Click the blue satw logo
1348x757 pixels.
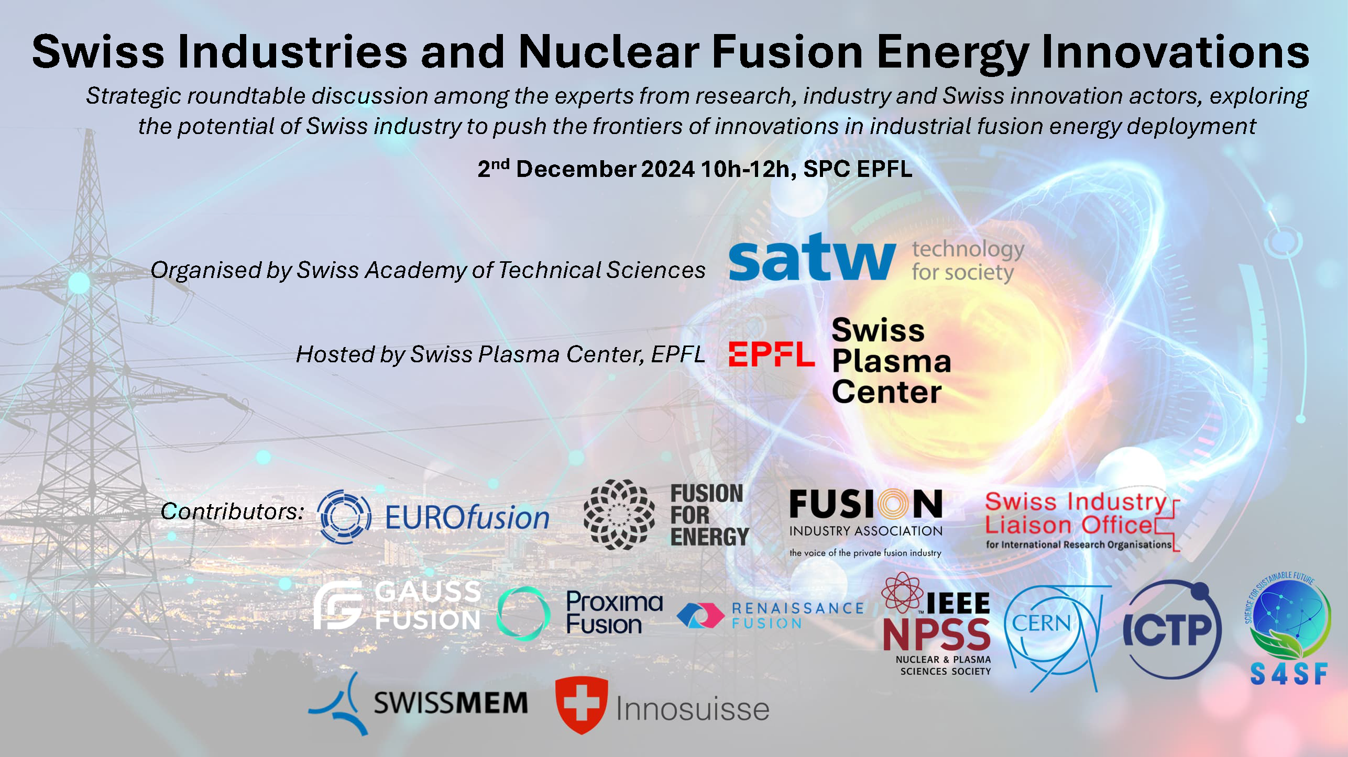point(812,257)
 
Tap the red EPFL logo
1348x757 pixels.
point(771,354)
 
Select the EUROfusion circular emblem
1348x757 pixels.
point(344,517)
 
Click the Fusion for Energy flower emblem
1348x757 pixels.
point(619,515)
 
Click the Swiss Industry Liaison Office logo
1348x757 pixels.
point(1082,521)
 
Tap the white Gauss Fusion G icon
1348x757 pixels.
point(338,605)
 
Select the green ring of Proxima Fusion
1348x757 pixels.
point(523,614)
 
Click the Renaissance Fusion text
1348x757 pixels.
point(797,615)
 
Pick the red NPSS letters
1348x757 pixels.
point(936,634)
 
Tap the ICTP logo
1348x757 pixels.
point(1172,630)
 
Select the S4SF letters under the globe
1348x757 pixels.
point(1289,674)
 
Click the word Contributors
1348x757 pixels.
point(232,511)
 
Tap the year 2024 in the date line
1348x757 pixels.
point(668,169)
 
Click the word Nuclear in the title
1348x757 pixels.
point(609,52)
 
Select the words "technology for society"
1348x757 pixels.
point(968,261)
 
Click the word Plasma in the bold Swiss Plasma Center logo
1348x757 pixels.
point(891,362)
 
